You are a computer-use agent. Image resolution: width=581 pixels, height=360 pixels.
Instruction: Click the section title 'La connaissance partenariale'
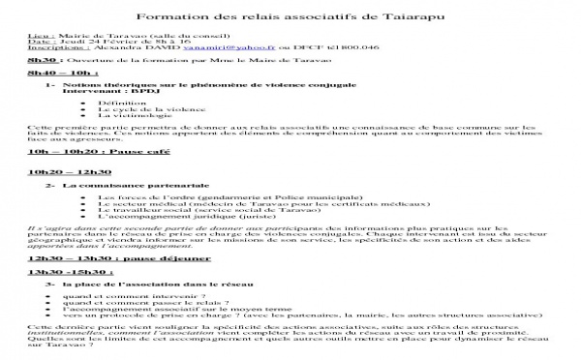[x=119, y=184]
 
